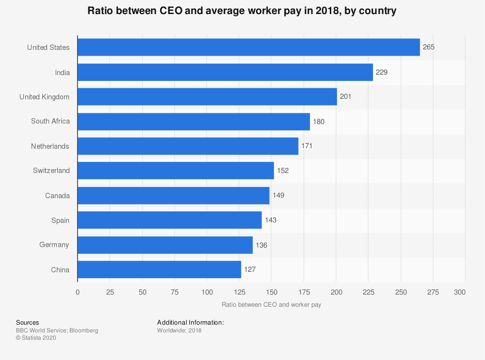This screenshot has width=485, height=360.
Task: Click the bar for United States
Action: [248, 47]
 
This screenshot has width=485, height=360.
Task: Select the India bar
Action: [225, 72]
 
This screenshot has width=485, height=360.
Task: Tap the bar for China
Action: [159, 269]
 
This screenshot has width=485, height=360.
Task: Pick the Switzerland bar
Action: [176, 171]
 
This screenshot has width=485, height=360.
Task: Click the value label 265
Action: [429, 47]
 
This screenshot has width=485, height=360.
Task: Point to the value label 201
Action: [345, 97]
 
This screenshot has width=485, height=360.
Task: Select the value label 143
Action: [271, 220]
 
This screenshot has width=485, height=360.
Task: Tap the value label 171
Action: [307, 146]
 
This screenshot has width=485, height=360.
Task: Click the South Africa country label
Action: [50, 121]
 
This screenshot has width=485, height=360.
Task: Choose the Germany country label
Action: [54, 245]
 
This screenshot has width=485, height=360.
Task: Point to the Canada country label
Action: [57, 196]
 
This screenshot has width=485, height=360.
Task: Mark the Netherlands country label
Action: [50, 146]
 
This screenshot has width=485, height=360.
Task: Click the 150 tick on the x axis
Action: [271, 292]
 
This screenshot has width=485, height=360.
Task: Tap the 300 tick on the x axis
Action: [460, 292]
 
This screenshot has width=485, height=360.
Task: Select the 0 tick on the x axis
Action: [78, 292]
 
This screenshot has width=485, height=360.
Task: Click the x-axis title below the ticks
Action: [271, 305]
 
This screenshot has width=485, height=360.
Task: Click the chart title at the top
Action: [242, 11]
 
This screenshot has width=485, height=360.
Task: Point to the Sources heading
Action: [28, 322]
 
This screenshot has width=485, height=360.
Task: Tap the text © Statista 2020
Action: [36, 338]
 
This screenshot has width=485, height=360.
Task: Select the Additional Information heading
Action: [190, 322]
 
